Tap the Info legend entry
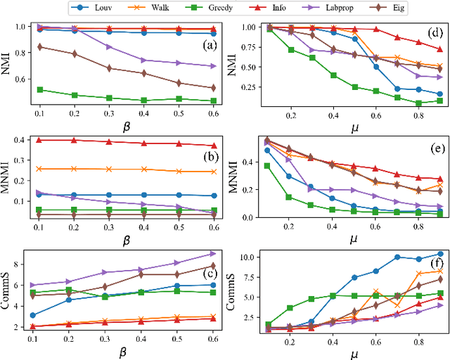pyautogui.click(x=268, y=9)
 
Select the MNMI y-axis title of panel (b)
pyautogui.click(x=9, y=176)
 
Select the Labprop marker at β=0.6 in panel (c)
pyautogui.click(x=213, y=254)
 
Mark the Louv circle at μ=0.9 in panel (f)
pyautogui.click(x=440, y=254)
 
